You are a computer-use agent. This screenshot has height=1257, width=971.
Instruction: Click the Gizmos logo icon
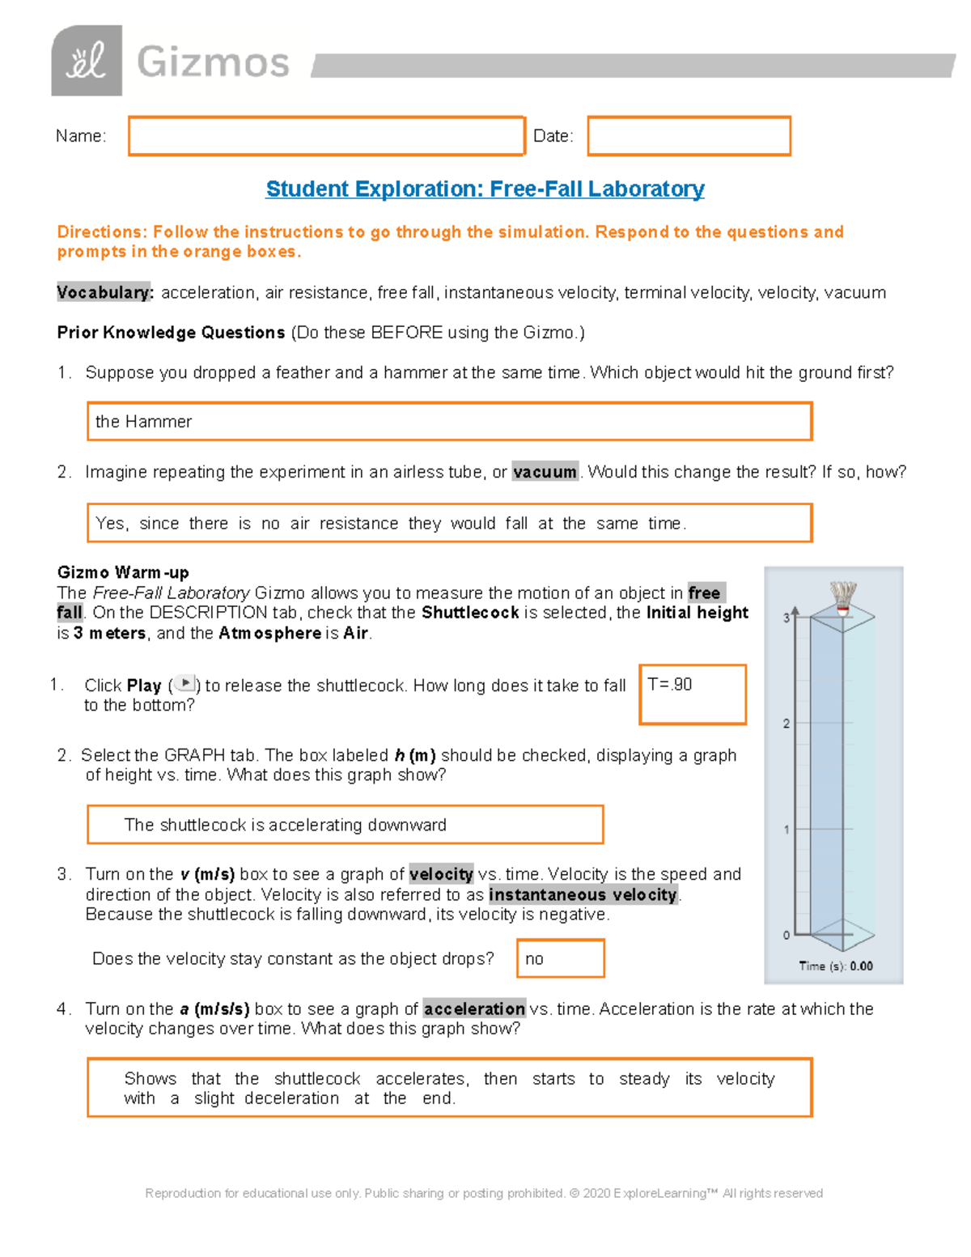(x=87, y=61)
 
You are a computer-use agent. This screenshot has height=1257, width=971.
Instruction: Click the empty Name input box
(x=326, y=136)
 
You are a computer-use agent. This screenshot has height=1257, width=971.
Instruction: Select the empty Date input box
(x=689, y=136)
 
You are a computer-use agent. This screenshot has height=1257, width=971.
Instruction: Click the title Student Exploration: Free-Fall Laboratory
(x=485, y=189)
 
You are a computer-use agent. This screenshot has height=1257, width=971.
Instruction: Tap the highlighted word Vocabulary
(x=104, y=293)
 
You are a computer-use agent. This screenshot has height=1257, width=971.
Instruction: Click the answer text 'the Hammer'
(x=144, y=422)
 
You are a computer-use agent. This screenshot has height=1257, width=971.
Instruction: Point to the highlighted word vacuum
(x=545, y=472)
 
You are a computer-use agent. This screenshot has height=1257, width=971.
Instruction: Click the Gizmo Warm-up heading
(x=123, y=572)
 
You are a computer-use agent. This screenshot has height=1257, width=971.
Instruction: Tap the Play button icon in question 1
(x=185, y=684)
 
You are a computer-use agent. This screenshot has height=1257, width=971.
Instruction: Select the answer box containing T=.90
(x=692, y=694)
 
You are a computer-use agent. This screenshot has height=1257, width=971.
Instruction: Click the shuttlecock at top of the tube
(x=843, y=597)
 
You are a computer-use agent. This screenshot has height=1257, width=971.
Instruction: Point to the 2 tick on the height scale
(x=787, y=724)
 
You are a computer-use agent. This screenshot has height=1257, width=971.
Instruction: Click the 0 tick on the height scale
(x=787, y=935)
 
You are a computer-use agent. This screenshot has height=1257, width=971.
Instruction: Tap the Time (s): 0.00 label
(x=835, y=966)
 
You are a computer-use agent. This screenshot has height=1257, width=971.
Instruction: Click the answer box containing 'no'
(x=560, y=958)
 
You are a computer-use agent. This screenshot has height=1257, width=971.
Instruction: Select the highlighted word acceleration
(x=474, y=1009)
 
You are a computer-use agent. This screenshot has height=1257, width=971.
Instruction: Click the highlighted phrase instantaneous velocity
(x=583, y=894)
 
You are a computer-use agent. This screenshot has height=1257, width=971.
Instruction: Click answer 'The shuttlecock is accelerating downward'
(x=285, y=825)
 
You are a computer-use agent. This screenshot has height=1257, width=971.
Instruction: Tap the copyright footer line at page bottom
(x=484, y=1193)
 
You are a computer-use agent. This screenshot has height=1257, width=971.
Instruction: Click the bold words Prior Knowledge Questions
(x=171, y=333)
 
